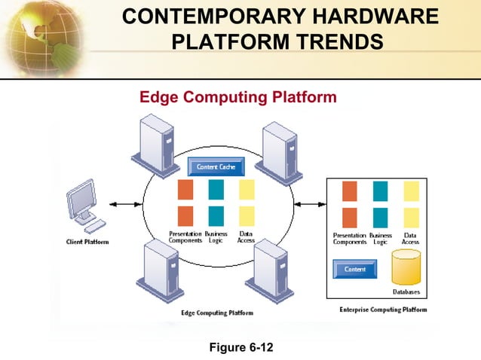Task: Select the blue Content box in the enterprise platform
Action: click(x=355, y=269)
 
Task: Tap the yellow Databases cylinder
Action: click(x=406, y=267)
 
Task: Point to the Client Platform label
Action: click(x=87, y=242)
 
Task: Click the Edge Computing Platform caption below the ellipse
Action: click(x=219, y=313)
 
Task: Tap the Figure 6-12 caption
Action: click(x=241, y=347)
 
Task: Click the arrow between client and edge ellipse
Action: click(x=125, y=204)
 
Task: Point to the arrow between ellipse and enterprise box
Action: click(x=308, y=203)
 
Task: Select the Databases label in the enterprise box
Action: click(x=406, y=292)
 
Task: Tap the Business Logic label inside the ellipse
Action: click(x=216, y=237)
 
